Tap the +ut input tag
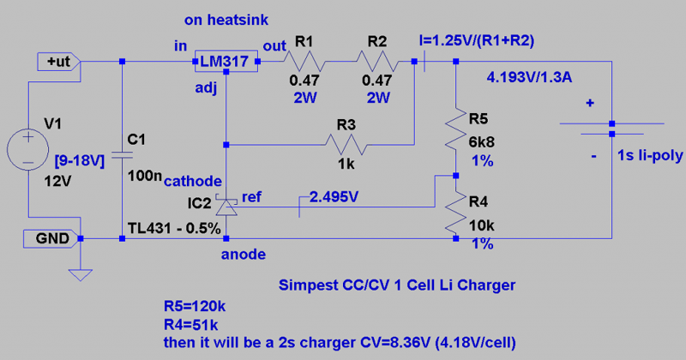(x=57, y=61)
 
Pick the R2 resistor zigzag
(x=376, y=61)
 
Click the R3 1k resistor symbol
(x=346, y=144)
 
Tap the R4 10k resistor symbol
(x=455, y=214)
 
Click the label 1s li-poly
(x=648, y=156)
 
